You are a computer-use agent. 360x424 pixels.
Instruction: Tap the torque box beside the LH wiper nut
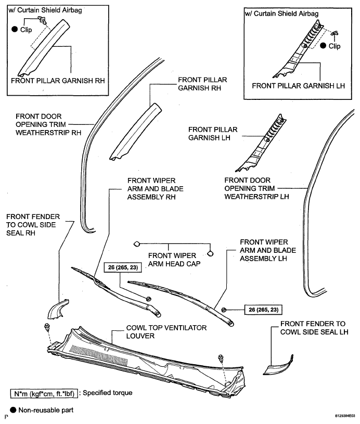pos(263,310)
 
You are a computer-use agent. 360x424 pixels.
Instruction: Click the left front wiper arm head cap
pos(136,243)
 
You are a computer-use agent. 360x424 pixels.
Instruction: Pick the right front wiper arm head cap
pos(210,253)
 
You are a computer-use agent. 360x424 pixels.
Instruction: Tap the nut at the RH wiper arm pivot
pos(149,299)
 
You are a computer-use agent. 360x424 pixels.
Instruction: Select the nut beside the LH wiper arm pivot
pos(224,310)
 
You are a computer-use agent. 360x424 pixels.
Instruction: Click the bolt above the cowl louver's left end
pos(47,327)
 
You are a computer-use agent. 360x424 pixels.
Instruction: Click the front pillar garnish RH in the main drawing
pos(135,132)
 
